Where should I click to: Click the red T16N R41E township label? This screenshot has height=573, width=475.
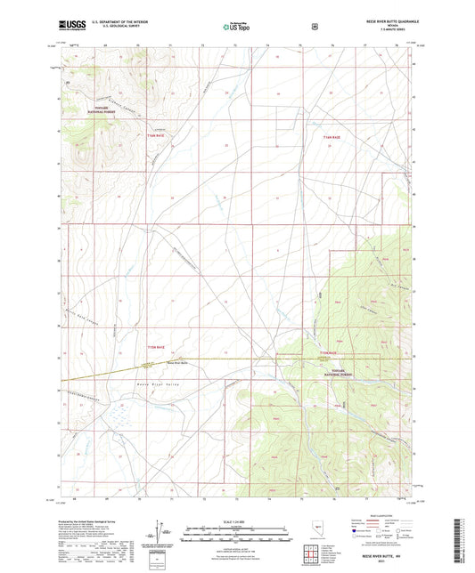[155, 137]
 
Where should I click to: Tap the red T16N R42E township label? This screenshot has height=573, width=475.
[332, 138]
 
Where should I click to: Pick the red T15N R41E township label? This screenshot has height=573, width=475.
[155, 346]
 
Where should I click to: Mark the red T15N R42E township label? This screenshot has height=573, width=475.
[331, 353]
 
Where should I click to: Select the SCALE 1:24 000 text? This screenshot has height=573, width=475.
[237, 521]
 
